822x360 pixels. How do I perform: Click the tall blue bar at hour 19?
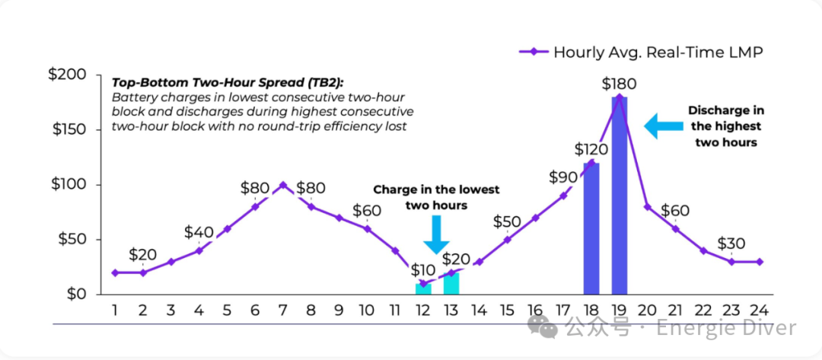(620, 195)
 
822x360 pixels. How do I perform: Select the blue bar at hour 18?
(591, 228)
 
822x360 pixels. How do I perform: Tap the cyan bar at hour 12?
(423, 289)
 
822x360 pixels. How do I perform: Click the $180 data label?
(619, 84)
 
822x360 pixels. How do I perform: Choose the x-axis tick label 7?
(283, 311)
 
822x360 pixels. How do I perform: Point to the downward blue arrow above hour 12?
(436, 234)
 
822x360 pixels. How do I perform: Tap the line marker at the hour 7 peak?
(283, 185)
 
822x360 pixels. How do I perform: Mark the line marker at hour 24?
(760, 262)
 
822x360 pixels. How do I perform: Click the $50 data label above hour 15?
(507, 221)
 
